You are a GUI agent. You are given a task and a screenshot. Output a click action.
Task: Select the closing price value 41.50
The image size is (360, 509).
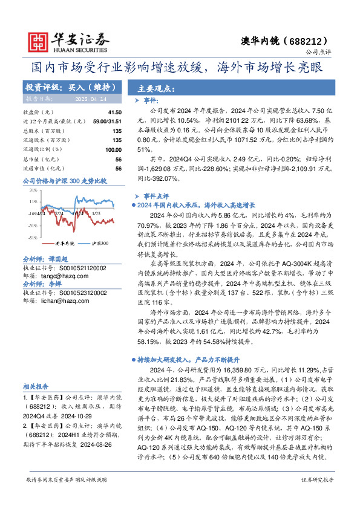[115, 112]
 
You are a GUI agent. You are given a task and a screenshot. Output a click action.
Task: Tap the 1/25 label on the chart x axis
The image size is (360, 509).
[96, 213]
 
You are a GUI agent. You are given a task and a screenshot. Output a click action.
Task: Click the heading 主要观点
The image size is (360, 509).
[153, 88]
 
